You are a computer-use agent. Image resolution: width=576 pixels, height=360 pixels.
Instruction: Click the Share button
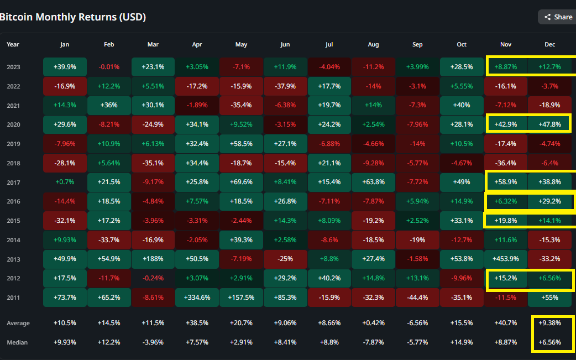pyautogui.click(x=557, y=17)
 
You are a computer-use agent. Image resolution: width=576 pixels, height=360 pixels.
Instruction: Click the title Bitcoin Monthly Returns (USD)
pyautogui.click(x=73, y=17)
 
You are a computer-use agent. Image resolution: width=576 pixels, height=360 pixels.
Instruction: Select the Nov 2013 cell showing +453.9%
pyautogui.click(x=505, y=259)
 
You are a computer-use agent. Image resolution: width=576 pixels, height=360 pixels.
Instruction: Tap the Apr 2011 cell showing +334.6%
pyautogui.click(x=197, y=297)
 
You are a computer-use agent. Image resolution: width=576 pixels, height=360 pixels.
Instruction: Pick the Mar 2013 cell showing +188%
pyautogui.click(x=153, y=259)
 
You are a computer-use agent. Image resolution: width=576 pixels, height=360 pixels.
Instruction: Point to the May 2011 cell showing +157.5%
pyautogui.click(x=241, y=297)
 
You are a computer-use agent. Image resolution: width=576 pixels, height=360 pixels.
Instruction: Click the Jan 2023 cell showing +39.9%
pyautogui.click(x=65, y=67)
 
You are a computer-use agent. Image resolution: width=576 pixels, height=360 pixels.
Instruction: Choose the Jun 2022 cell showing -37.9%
pyautogui.click(x=285, y=86)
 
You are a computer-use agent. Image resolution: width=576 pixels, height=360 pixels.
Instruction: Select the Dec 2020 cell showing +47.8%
pyautogui.click(x=549, y=124)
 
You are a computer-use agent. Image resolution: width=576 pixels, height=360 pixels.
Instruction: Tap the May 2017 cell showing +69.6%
pyautogui.click(x=241, y=182)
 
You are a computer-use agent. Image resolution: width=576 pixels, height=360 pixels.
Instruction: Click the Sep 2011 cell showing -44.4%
pyautogui.click(x=417, y=297)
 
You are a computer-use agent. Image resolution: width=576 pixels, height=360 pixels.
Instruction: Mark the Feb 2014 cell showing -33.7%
pyautogui.click(x=109, y=239)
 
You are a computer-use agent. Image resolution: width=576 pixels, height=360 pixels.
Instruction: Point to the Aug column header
pyautogui.click(x=373, y=44)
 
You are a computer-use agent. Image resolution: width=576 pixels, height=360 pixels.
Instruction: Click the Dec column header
pyautogui.click(x=549, y=44)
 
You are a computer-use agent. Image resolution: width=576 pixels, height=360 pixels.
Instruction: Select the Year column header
pyautogui.click(x=13, y=44)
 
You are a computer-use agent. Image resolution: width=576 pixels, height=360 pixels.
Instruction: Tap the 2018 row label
pyautogui.click(x=13, y=163)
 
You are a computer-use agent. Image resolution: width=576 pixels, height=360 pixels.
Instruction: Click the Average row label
pyautogui.click(x=18, y=324)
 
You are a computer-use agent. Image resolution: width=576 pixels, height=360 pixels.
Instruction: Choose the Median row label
pyautogui.click(x=17, y=342)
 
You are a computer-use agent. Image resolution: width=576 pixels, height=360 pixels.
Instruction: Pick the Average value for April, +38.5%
pyautogui.click(x=197, y=323)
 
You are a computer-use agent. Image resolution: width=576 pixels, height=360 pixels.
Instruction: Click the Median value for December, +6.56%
pyautogui.click(x=549, y=342)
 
